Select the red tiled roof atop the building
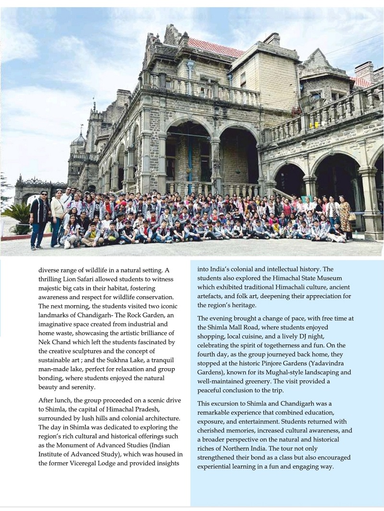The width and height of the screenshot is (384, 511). point(216,47)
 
